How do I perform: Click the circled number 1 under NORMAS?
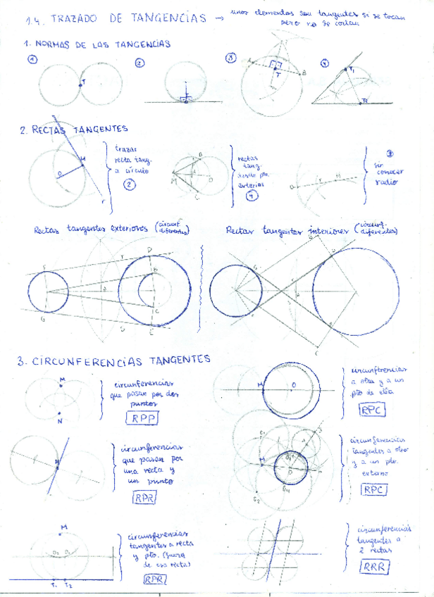click(x=32, y=60)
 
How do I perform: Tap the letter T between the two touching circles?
click(x=85, y=82)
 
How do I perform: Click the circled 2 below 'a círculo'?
click(x=129, y=185)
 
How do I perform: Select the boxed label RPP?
click(x=142, y=418)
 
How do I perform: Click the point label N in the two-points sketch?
click(x=59, y=420)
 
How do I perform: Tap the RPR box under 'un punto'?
click(x=144, y=497)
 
